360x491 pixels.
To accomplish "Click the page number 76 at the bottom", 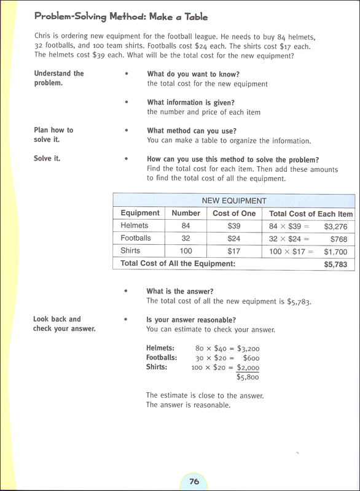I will (x=194, y=481).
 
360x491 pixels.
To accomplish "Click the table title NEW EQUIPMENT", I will (x=234, y=201).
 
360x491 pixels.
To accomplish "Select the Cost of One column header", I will (x=234, y=214).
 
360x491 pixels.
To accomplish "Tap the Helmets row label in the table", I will (x=135, y=226).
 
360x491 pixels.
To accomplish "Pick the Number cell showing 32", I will (x=186, y=238).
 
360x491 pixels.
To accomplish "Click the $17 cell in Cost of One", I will (x=233, y=251).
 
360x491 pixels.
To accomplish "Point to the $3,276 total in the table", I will (x=336, y=226).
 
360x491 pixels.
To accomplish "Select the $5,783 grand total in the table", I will (x=335, y=265).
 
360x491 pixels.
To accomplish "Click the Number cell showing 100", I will (x=186, y=251).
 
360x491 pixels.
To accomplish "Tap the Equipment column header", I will (x=140, y=214).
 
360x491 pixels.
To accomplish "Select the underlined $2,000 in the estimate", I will (x=248, y=368).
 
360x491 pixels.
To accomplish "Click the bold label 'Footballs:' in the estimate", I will (x=162, y=357).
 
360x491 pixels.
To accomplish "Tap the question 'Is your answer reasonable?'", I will (x=191, y=320).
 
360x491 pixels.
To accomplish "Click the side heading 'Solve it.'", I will (x=47, y=158).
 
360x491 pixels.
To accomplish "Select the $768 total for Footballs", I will (x=338, y=239).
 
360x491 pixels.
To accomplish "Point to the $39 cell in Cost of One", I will (x=233, y=226).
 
